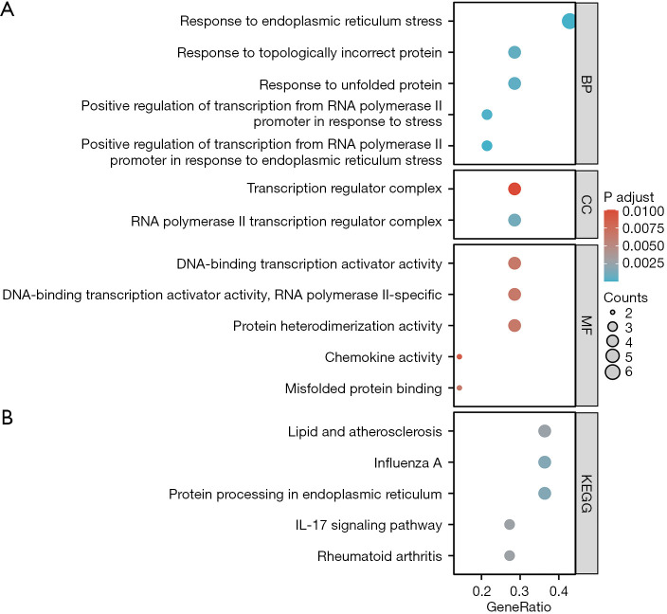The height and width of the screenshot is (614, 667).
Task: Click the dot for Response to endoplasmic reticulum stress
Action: (568, 21)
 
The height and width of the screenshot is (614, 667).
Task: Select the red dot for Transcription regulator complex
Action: (514, 190)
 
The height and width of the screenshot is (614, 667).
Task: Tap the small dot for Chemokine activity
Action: (460, 357)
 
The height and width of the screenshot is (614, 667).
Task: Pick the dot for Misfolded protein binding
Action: (460, 388)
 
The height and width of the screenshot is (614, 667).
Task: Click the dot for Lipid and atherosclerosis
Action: (544, 431)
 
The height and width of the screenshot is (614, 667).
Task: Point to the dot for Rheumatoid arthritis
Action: (510, 556)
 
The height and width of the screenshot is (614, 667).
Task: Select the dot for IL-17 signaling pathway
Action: (510, 525)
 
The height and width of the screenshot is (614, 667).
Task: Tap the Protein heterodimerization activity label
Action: (337, 326)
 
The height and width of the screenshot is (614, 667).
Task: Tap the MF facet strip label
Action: (587, 326)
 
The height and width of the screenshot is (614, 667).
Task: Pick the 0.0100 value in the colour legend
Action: (643, 211)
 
